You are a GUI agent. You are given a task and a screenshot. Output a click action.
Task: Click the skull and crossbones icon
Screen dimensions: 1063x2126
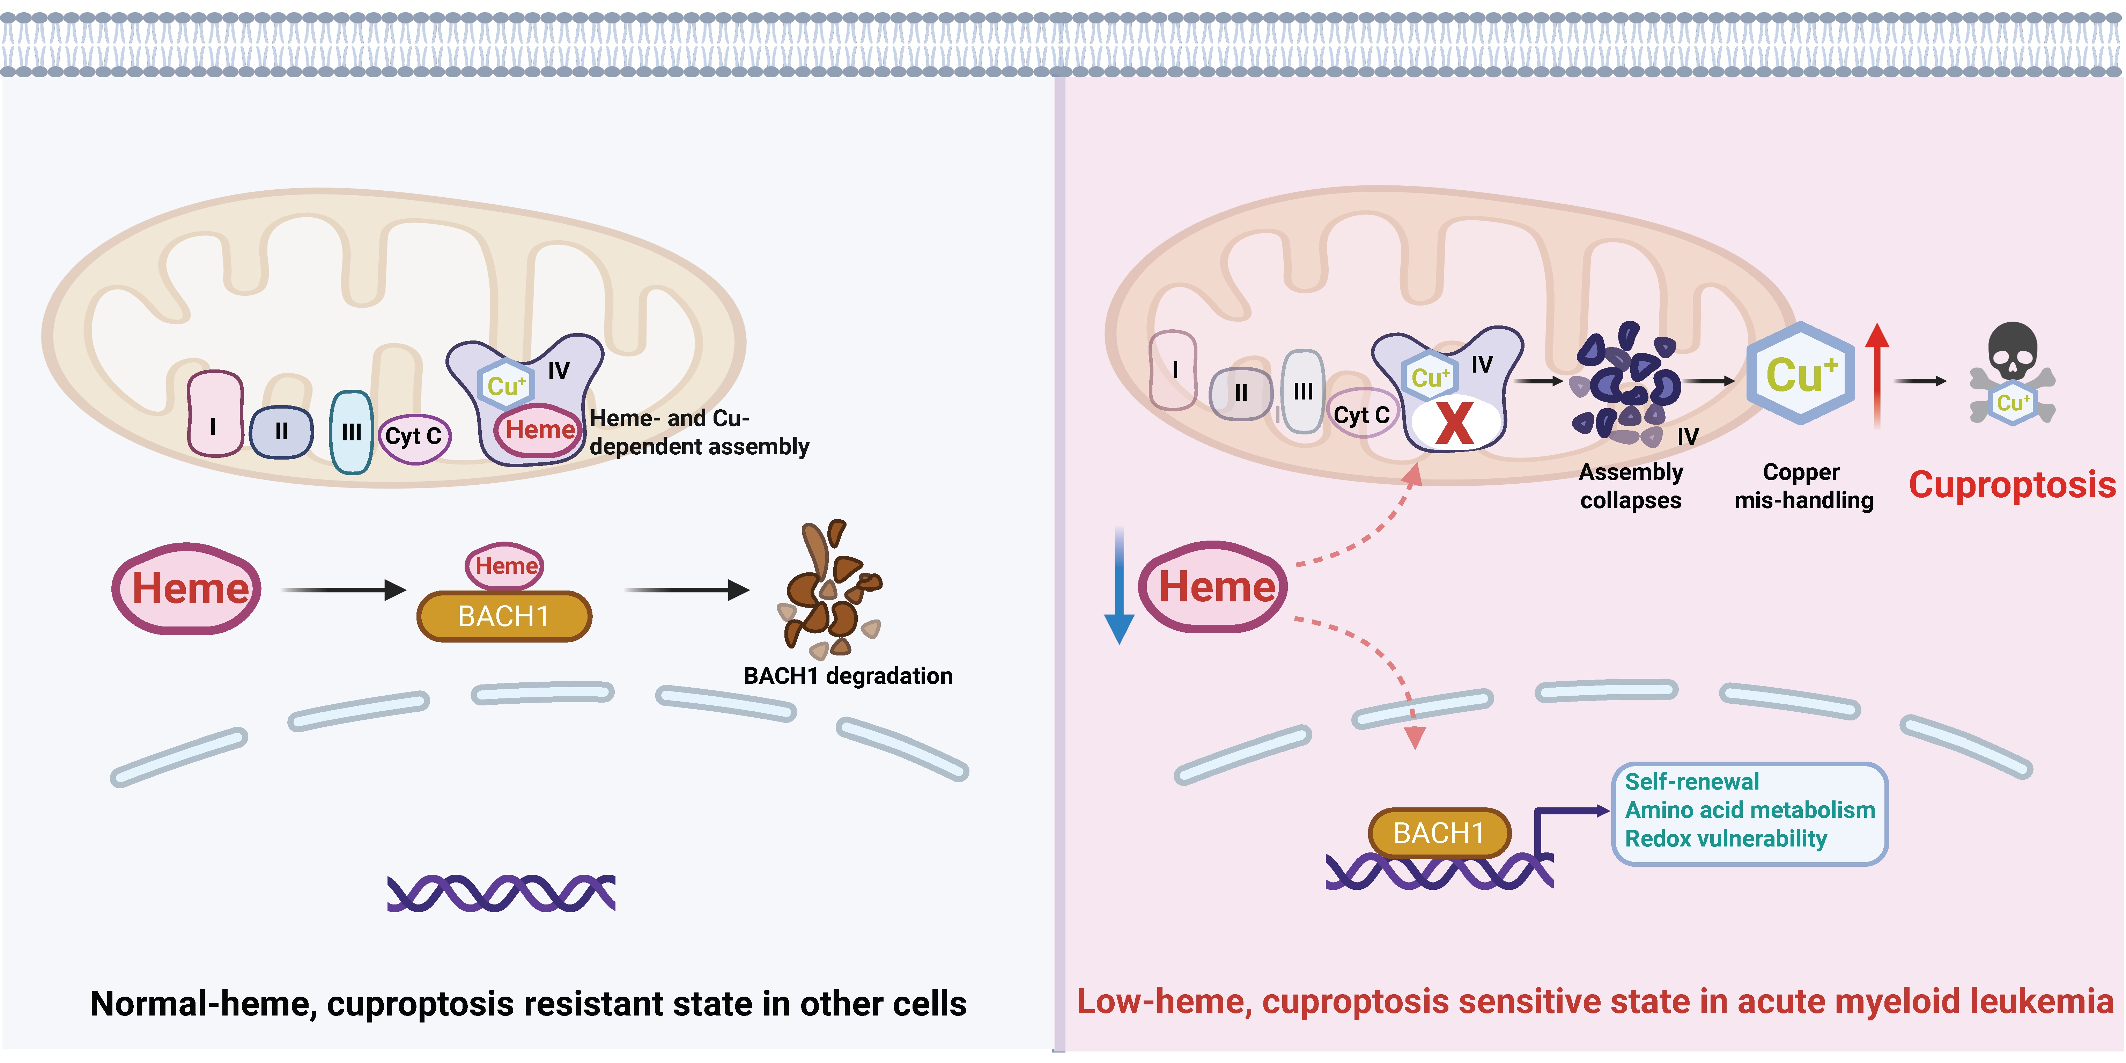2012,372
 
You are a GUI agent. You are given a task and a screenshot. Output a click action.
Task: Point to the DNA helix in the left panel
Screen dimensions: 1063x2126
501,893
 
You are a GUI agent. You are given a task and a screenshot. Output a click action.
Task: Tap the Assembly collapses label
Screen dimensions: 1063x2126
1630,486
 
